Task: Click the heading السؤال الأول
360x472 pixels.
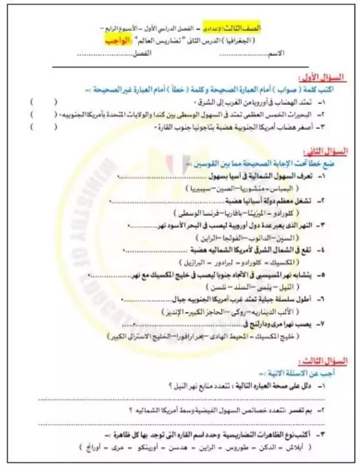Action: pos(318,77)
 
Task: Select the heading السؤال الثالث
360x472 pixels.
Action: pos(319,361)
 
